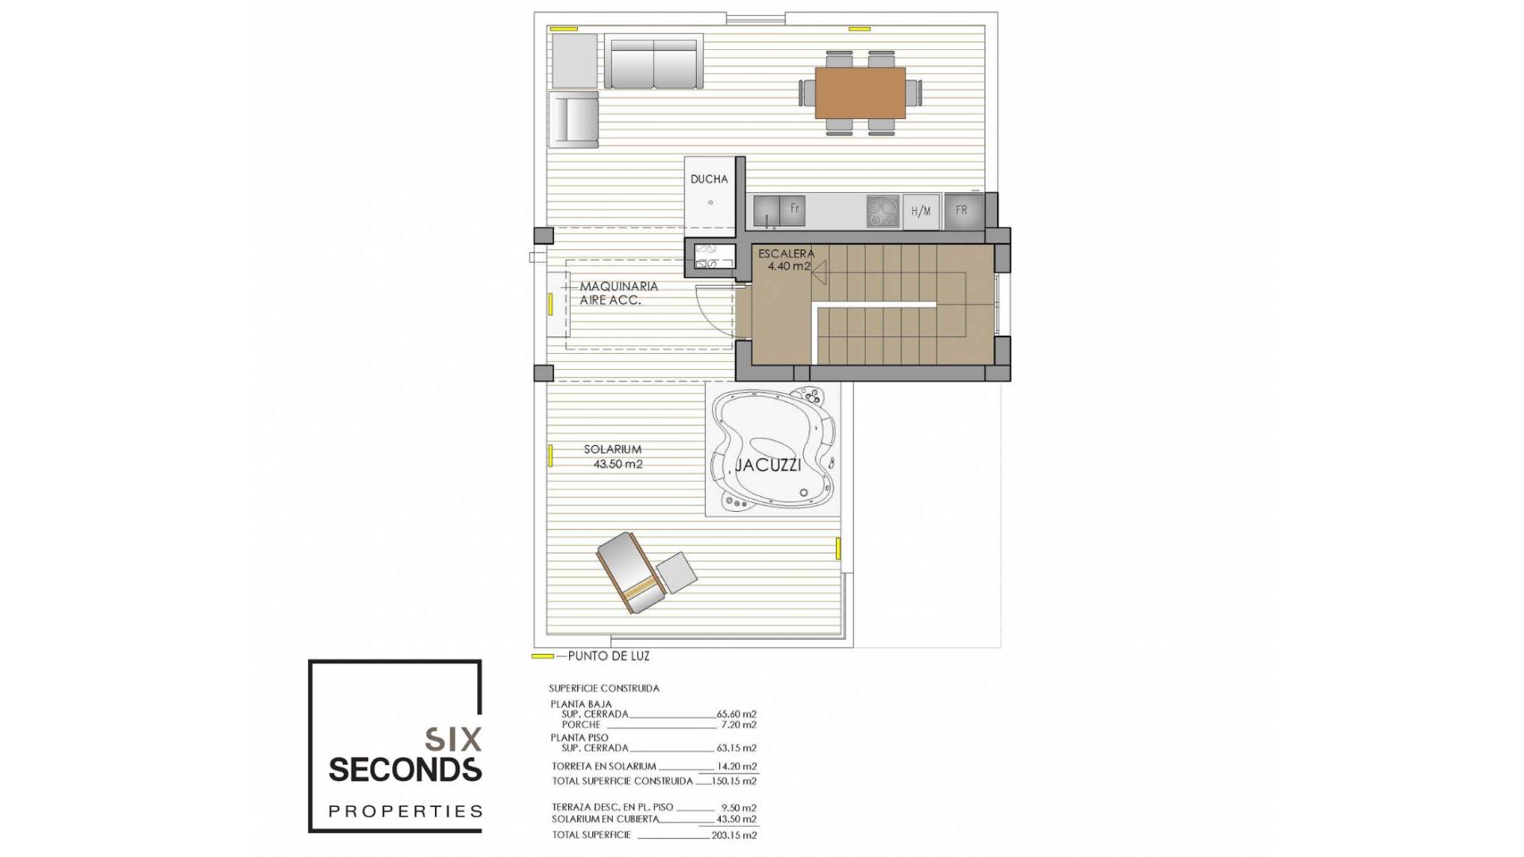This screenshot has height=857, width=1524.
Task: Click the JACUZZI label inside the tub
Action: point(768,465)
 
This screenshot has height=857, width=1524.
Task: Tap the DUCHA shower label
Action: point(709,179)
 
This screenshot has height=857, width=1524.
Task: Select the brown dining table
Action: point(860,93)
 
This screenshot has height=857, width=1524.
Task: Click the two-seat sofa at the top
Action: point(653,62)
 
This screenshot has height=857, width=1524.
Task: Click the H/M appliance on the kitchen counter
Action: point(921,211)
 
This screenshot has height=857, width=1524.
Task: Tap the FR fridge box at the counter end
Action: point(962,211)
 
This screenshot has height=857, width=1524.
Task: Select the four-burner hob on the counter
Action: point(883,211)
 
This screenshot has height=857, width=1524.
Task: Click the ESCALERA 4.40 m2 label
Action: point(786,259)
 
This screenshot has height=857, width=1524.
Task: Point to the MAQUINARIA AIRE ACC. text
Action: point(618,293)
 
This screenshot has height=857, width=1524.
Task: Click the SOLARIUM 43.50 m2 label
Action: point(614,456)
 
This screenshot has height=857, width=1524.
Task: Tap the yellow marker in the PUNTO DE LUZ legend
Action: point(542,656)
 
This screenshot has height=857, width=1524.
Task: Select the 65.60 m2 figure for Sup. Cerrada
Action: point(736,714)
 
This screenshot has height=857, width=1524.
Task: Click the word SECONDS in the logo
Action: point(405,770)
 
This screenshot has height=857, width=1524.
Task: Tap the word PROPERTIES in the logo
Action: point(405,811)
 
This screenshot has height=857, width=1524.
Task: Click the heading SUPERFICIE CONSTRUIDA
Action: point(603,688)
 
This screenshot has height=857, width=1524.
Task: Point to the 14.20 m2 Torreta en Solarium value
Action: point(737,767)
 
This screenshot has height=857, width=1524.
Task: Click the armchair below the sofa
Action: point(573,119)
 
